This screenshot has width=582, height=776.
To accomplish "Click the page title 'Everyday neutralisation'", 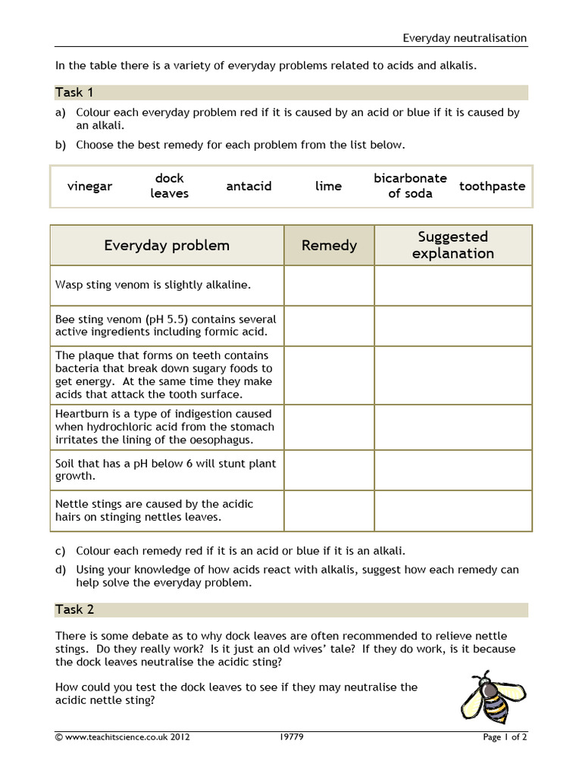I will tap(464, 38).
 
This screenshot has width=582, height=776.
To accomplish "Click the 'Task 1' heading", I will tap(74, 92).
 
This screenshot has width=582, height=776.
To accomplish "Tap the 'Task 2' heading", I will tap(74, 609).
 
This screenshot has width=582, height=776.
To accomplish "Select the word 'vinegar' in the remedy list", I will tap(89, 186).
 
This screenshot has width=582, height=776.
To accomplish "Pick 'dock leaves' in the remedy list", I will tap(169, 186).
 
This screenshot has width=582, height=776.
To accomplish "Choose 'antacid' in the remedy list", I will tap(249, 186).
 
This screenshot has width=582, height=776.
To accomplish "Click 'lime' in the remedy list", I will tap(328, 186).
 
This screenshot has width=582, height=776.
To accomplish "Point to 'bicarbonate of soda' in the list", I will tap(410, 186).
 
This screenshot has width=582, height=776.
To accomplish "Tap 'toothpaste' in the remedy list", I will tap(492, 186).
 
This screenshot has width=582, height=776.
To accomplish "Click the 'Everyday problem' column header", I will tap(167, 246).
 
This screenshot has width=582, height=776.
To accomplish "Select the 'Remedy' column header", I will tap(329, 246).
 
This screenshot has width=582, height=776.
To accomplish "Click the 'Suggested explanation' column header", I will tap(452, 246).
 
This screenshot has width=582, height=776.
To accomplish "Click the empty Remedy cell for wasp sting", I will tap(329, 286).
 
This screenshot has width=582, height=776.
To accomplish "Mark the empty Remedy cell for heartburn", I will tap(329, 427).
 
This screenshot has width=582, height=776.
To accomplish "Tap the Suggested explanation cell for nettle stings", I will tap(452, 511).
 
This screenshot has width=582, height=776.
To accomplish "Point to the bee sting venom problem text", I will tap(166, 326).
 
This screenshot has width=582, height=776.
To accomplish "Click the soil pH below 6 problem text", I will tap(166, 470).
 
